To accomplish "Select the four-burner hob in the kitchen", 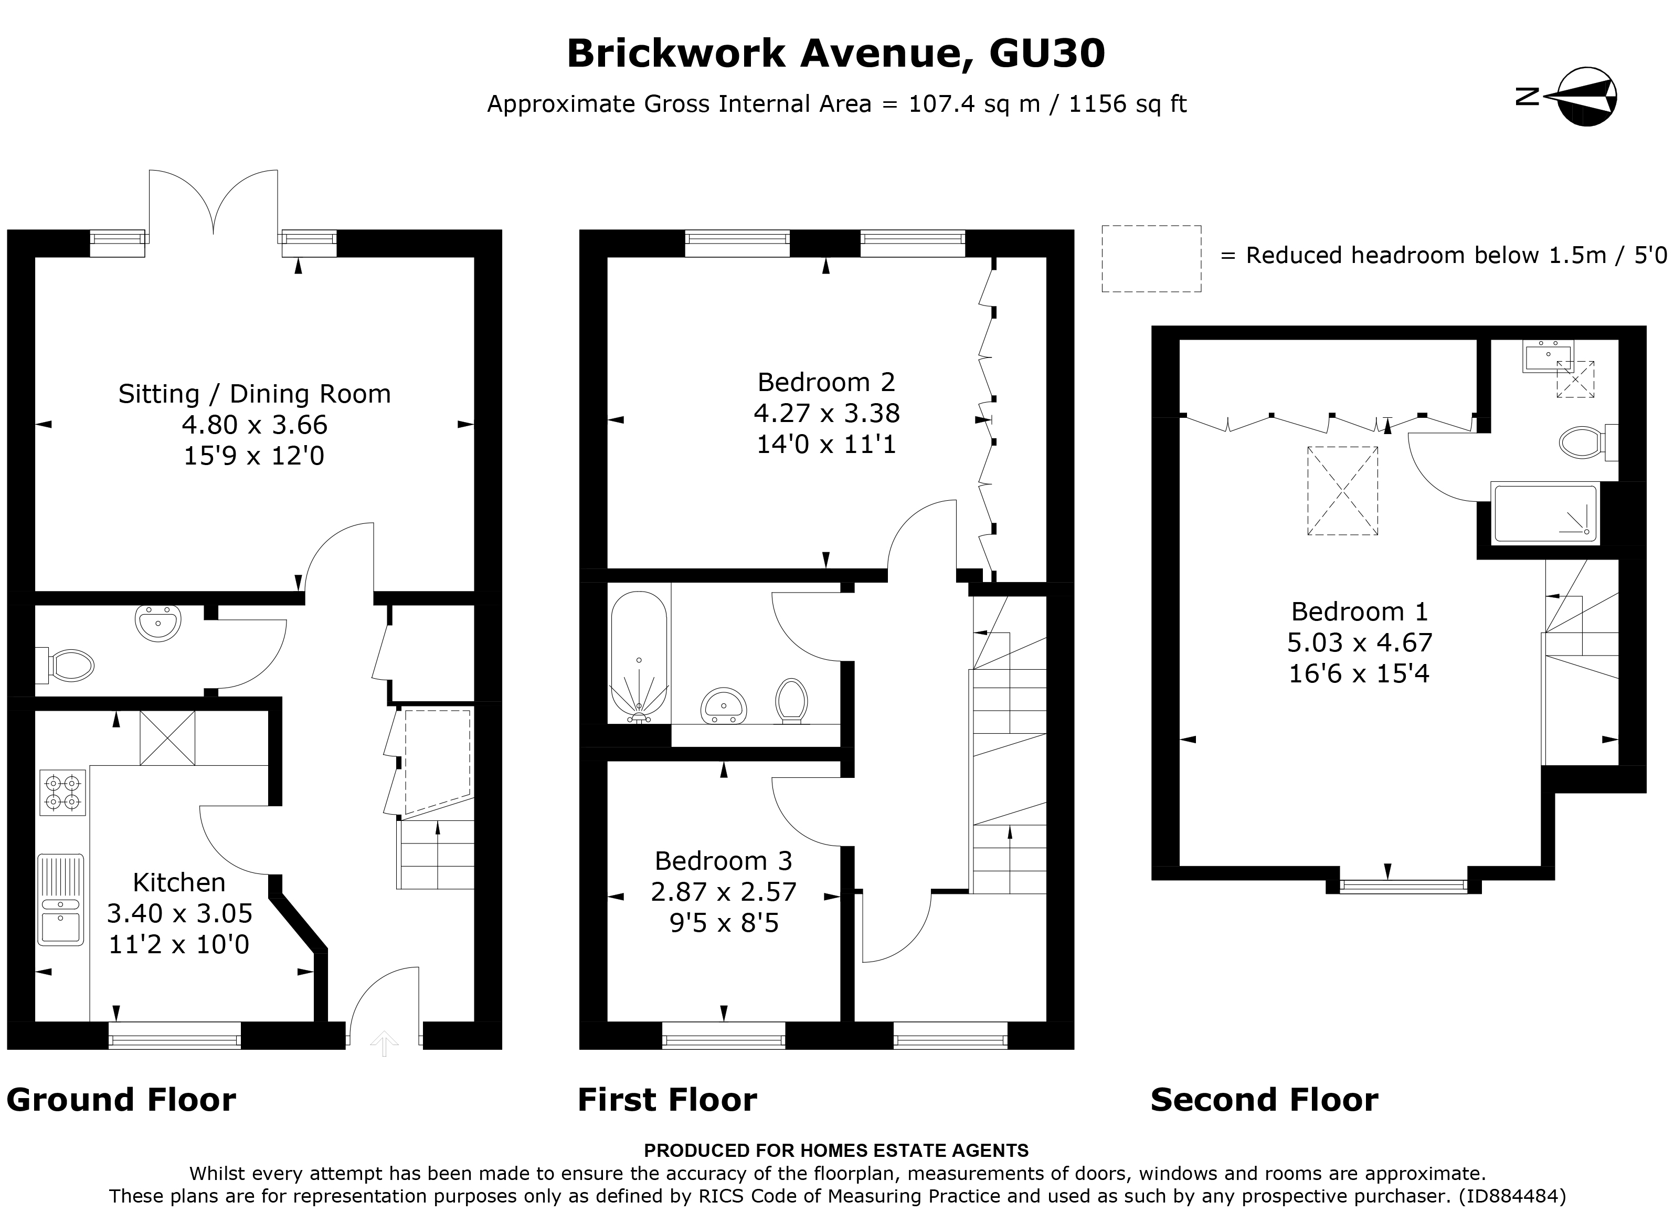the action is coord(63,793).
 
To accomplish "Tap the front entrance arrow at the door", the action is coord(384,1043).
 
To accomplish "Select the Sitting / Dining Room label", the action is coord(254,394).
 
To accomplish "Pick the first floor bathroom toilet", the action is coord(791,700).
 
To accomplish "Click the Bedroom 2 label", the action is coord(826,382).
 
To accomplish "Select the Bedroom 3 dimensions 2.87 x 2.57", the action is coord(723,892).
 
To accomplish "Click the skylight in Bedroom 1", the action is coord(1342,490).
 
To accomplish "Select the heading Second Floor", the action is coord(1264,1100).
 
